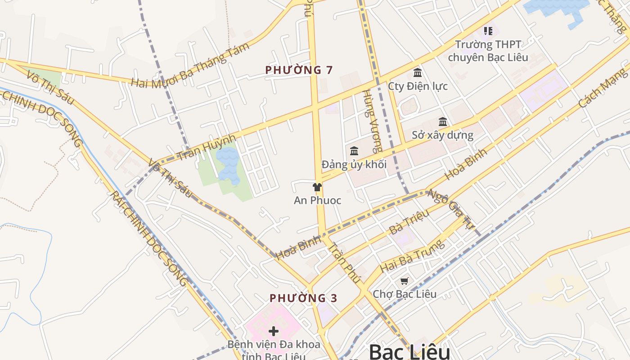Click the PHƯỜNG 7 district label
coord(299,70)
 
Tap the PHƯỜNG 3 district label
coord(303,298)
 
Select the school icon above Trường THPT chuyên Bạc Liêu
coord(488,31)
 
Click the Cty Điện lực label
coord(418,86)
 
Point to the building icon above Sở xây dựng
coord(443,122)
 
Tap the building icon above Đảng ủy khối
coord(354,151)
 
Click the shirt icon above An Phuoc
coord(317,187)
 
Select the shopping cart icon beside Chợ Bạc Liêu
coord(404,281)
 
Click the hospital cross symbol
coord(273,332)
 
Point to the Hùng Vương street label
coord(373,121)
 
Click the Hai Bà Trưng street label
coord(412,256)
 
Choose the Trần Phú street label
coord(344,263)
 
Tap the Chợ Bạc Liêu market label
coord(405,294)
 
